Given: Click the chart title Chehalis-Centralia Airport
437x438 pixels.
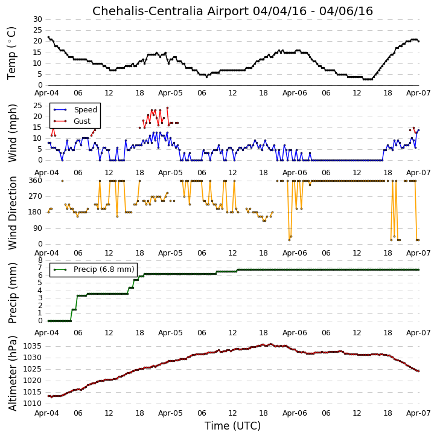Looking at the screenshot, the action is [171, 11].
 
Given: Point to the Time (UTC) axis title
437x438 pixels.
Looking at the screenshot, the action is [232, 426].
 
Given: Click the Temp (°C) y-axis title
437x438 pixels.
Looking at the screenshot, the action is [12, 53].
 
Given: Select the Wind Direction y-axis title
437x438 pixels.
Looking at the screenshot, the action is [13, 213].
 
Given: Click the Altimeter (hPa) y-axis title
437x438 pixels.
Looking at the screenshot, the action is [13, 373].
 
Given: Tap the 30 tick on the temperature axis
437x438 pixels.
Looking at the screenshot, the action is [37, 19].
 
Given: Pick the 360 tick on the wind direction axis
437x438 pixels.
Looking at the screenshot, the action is [36, 181].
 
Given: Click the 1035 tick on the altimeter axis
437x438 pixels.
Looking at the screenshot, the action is [32, 346].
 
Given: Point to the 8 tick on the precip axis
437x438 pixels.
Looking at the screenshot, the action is [40, 260].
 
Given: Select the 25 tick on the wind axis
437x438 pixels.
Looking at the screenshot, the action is [37, 106].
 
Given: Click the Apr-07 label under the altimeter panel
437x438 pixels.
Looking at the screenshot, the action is [418, 413].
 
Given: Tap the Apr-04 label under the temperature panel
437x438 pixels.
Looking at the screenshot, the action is [46, 93].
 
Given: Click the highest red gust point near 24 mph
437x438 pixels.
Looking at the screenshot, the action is [167, 108].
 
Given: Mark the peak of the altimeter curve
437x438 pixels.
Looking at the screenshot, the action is [270, 344].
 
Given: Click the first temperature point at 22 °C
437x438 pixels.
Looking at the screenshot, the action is [48, 37].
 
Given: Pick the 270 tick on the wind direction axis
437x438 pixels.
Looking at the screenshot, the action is [36, 196].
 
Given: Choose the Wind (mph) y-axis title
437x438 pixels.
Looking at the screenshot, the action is [13, 133].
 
